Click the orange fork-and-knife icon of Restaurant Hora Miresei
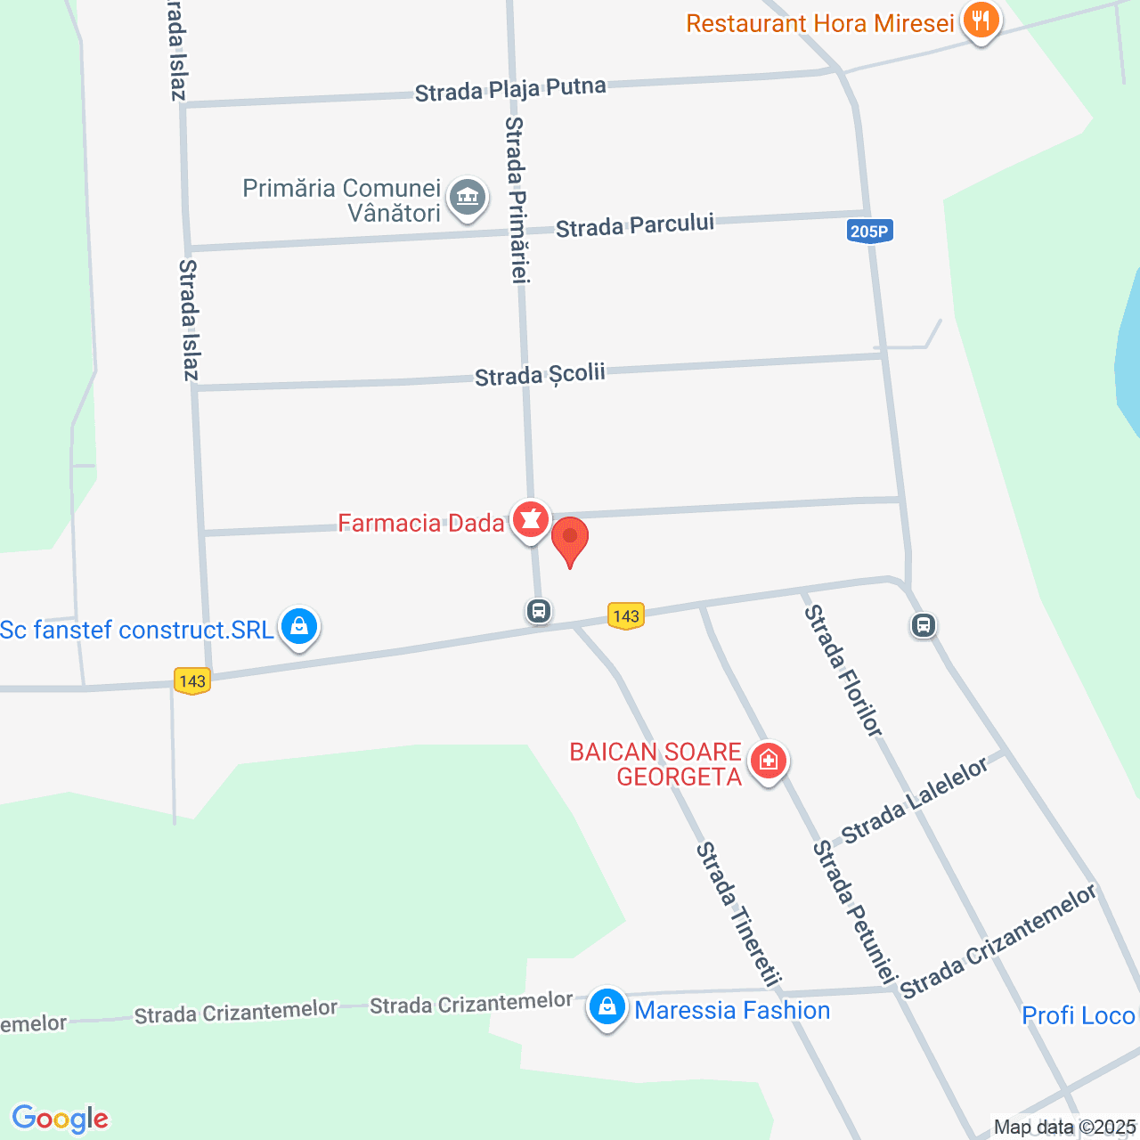point(981,20)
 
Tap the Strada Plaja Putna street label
point(510,89)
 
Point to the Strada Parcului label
point(635,225)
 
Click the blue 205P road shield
point(869,232)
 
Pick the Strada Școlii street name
point(540,375)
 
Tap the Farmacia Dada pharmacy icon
point(531,518)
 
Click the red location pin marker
point(570,540)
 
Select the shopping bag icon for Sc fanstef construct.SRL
point(299,627)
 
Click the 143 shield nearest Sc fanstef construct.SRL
point(192,681)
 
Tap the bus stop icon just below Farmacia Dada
point(538,611)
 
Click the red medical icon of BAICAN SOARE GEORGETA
point(768,761)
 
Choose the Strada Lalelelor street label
point(915,801)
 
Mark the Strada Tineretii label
point(738,914)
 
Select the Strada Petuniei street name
point(853,912)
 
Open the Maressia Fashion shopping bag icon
point(607,1007)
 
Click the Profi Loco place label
point(1078,1015)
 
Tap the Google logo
point(61,1119)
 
